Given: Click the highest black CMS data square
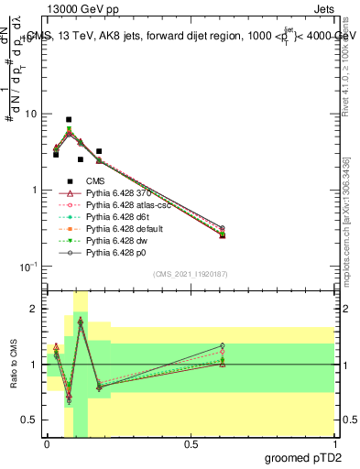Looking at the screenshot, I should (69, 119).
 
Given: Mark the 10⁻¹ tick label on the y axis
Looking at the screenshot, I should (27, 267).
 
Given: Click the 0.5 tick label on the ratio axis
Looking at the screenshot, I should (31, 420).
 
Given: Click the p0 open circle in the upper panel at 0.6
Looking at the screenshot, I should (223, 227).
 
